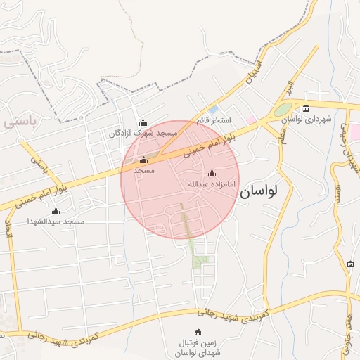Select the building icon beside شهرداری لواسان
[x=306, y=108]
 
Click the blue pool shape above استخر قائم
[x=212, y=109]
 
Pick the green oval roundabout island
[x=282, y=110]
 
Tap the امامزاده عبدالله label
[x=212, y=184]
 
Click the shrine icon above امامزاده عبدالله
[x=212, y=173]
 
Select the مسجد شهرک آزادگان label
[x=143, y=133]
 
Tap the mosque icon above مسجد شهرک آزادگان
[x=143, y=122]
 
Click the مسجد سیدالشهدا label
[x=56, y=221]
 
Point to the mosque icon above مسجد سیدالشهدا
[x=56, y=211]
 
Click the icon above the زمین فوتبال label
[x=197, y=332]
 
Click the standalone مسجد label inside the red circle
[x=144, y=171]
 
